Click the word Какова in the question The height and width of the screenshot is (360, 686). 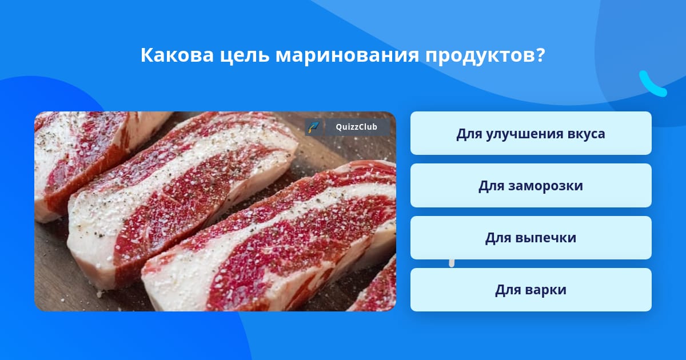click(177, 55)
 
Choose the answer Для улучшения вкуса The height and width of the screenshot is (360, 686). click(531, 133)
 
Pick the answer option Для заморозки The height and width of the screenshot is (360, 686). click(531, 186)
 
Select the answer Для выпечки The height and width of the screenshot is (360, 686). click(531, 238)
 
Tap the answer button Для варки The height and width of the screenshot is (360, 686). click(531, 290)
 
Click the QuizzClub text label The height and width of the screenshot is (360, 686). click(356, 127)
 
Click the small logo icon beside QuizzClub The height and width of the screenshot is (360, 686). click(314, 127)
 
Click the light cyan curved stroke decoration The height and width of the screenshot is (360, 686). click(652, 85)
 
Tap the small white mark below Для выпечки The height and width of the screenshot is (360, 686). click(452, 263)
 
